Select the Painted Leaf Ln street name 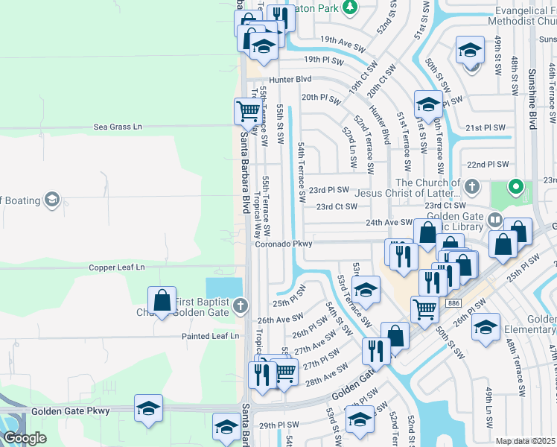click(211, 336)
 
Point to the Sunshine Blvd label click(532, 100)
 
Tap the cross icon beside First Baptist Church click(239, 305)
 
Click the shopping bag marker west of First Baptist click(162, 301)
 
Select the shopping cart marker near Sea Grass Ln click(248, 112)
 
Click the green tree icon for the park click(350, 8)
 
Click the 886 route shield click(453, 302)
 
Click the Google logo click(24, 438)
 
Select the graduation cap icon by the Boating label click(51, 199)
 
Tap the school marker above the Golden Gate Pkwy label click(148, 408)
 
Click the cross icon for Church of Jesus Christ click(472, 184)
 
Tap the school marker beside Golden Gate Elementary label click(486, 327)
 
